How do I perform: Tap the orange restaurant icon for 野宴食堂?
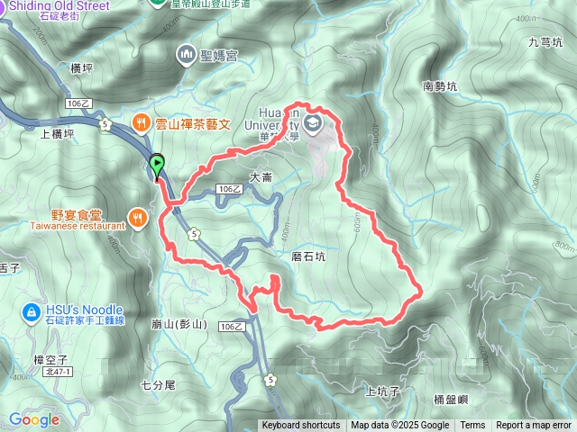tap(137, 216)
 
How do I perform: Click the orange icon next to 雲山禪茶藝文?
tap(142, 121)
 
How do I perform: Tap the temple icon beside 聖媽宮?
tap(186, 56)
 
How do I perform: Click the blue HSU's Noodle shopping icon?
tap(30, 312)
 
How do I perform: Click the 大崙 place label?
tap(261, 178)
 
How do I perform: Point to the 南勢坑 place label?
tap(440, 87)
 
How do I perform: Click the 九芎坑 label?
tap(545, 42)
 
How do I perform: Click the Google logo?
tap(34, 419)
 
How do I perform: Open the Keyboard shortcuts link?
tap(300, 426)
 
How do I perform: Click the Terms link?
tap(472, 426)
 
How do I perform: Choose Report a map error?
tap(534, 426)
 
